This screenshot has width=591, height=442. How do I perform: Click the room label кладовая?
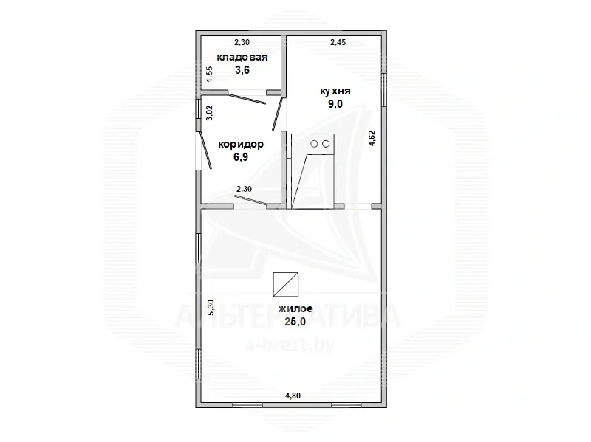(242, 58)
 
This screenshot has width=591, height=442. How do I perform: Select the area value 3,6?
(242, 70)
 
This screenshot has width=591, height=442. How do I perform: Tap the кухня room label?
(335, 91)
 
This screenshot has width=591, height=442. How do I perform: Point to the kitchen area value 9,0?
(335, 104)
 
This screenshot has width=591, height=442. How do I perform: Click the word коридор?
(241, 144)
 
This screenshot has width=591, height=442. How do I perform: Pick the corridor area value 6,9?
(241, 157)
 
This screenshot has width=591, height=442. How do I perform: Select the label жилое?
(295, 309)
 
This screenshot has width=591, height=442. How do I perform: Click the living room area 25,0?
(295, 322)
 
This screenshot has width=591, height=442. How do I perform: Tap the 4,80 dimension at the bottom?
(293, 396)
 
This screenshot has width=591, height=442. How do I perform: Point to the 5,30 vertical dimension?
(211, 308)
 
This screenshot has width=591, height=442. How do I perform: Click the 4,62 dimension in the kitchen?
(372, 138)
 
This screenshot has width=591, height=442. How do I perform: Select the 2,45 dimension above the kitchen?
(338, 43)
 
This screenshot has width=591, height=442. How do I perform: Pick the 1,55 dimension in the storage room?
(210, 74)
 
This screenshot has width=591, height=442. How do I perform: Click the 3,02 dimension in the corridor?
(210, 113)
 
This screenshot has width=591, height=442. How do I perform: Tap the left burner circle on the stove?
(314, 144)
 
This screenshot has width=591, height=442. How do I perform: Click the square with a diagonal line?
(286, 285)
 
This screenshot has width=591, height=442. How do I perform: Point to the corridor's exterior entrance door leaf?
(205, 150)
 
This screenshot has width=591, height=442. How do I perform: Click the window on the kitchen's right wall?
(383, 89)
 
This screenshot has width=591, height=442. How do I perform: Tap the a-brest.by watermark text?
(290, 345)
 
